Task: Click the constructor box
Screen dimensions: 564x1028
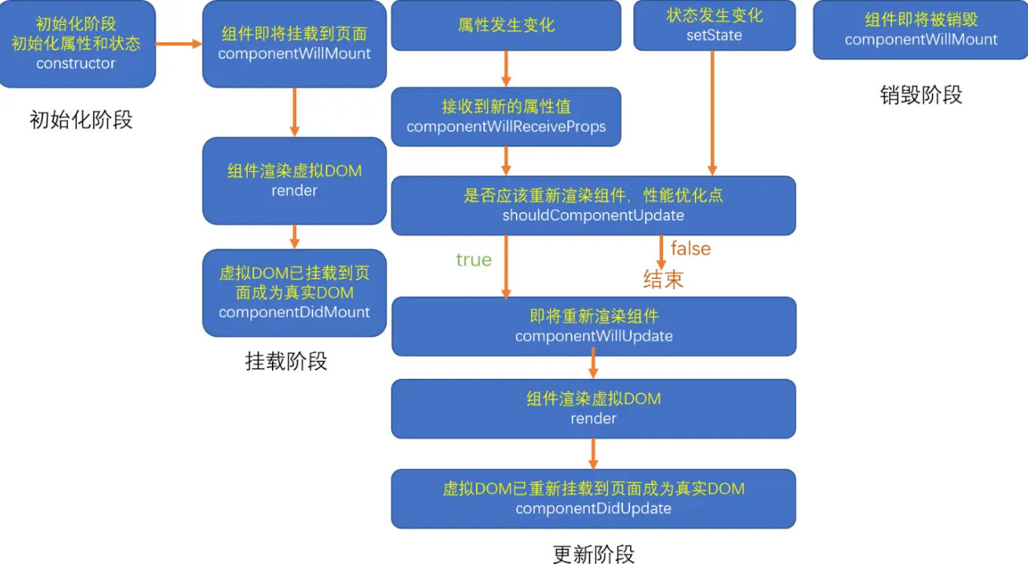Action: point(77,44)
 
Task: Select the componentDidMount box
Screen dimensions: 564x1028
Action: point(294,293)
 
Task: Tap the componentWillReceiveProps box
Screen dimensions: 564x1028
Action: point(506,116)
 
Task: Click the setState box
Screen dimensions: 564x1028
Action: point(714,26)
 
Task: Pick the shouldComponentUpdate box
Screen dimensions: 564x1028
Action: point(593,205)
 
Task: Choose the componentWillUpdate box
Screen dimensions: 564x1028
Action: point(594,326)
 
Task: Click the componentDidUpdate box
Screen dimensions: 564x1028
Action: point(593,498)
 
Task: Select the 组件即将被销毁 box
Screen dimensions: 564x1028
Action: point(921,30)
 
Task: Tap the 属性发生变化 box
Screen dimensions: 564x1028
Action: point(506,26)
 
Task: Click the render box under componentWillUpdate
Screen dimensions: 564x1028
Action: point(593,408)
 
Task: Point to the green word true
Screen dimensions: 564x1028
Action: point(474,260)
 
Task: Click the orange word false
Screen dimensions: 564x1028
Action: point(690,248)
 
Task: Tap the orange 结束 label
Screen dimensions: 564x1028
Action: point(663,279)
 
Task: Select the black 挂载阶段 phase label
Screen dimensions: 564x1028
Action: point(286,361)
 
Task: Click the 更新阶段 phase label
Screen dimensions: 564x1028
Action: point(594,553)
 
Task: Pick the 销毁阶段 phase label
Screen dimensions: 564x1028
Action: point(921,94)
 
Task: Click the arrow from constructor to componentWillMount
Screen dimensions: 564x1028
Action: point(179,44)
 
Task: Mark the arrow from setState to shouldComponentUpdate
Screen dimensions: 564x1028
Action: point(712,113)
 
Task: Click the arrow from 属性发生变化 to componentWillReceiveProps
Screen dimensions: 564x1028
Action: point(506,69)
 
